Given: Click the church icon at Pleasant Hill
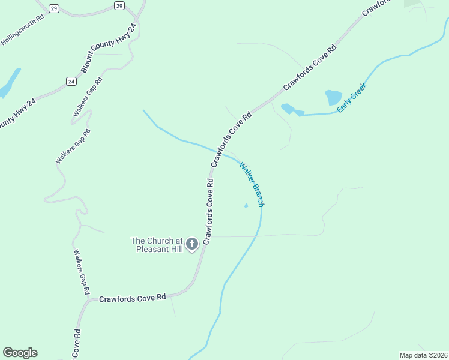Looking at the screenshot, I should [x=192, y=244].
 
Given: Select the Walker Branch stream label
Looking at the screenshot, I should [x=252, y=184].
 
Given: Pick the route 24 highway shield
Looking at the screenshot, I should [x=71, y=81].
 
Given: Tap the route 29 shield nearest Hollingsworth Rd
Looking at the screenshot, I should [x=54, y=8].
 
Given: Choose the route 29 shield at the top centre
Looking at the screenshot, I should [x=119, y=6].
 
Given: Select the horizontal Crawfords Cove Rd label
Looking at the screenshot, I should [x=132, y=298].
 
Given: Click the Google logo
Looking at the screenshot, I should [x=20, y=353].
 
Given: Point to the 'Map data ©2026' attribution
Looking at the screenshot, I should [x=423, y=355].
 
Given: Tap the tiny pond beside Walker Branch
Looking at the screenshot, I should [x=246, y=206].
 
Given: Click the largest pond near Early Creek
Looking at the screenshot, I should [x=333, y=97].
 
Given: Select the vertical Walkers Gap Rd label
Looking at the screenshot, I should [x=82, y=272].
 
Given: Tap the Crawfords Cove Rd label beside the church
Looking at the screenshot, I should [x=208, y=210].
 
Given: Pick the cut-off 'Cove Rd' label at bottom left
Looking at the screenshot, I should [x=76, y=344].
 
